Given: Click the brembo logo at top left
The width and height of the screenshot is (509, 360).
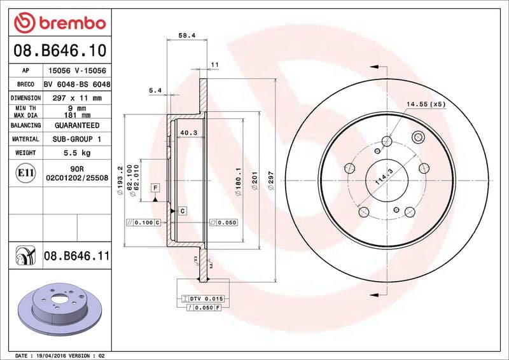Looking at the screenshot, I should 59,23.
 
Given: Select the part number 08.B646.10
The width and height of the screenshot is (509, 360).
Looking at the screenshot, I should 59,50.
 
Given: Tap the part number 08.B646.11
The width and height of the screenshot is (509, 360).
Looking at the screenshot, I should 77,256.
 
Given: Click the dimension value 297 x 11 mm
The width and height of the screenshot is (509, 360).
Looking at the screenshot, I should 76,98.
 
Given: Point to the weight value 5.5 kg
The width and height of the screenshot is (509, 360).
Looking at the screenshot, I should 76,153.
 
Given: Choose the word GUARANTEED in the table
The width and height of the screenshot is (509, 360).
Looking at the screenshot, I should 76,125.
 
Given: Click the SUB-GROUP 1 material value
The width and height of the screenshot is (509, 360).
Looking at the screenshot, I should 76,139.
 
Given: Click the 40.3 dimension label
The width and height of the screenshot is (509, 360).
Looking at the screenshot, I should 188,133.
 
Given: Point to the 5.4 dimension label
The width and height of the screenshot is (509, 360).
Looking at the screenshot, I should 155,91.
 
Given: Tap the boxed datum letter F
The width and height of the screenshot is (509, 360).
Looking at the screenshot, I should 155,188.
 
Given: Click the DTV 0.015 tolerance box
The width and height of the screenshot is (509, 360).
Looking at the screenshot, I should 202,299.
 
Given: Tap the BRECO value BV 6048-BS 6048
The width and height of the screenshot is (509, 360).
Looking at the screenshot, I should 77,85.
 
